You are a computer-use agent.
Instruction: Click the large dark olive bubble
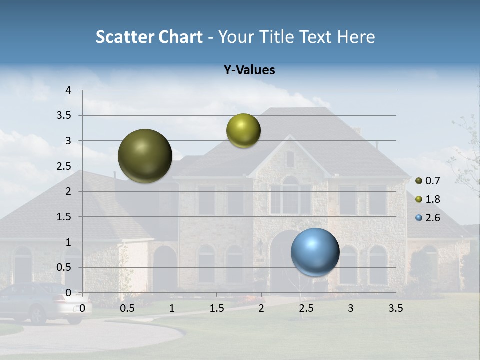(145, 156)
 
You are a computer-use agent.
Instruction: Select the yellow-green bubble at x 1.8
(243, 130)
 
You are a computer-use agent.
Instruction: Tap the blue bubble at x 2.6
(315, 252)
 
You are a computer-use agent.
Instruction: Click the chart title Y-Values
(249, 70)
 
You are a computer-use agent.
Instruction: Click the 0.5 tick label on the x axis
(127, 308)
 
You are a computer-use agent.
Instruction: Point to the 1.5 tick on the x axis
(217, 308)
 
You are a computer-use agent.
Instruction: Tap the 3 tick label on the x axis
(351, 308)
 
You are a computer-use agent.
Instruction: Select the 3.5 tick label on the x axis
(395, 308)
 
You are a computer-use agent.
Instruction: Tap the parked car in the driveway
(40, 302)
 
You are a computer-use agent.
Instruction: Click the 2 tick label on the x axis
(261, 308)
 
